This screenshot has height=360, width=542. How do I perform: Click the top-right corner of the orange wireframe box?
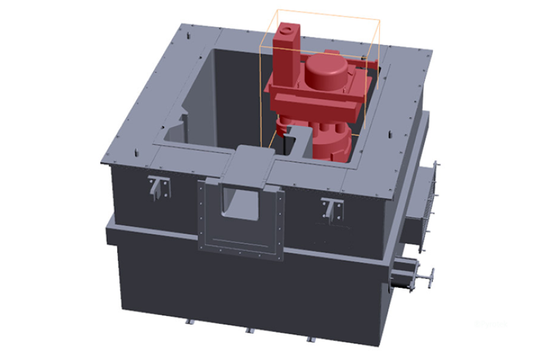point(379,10)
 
